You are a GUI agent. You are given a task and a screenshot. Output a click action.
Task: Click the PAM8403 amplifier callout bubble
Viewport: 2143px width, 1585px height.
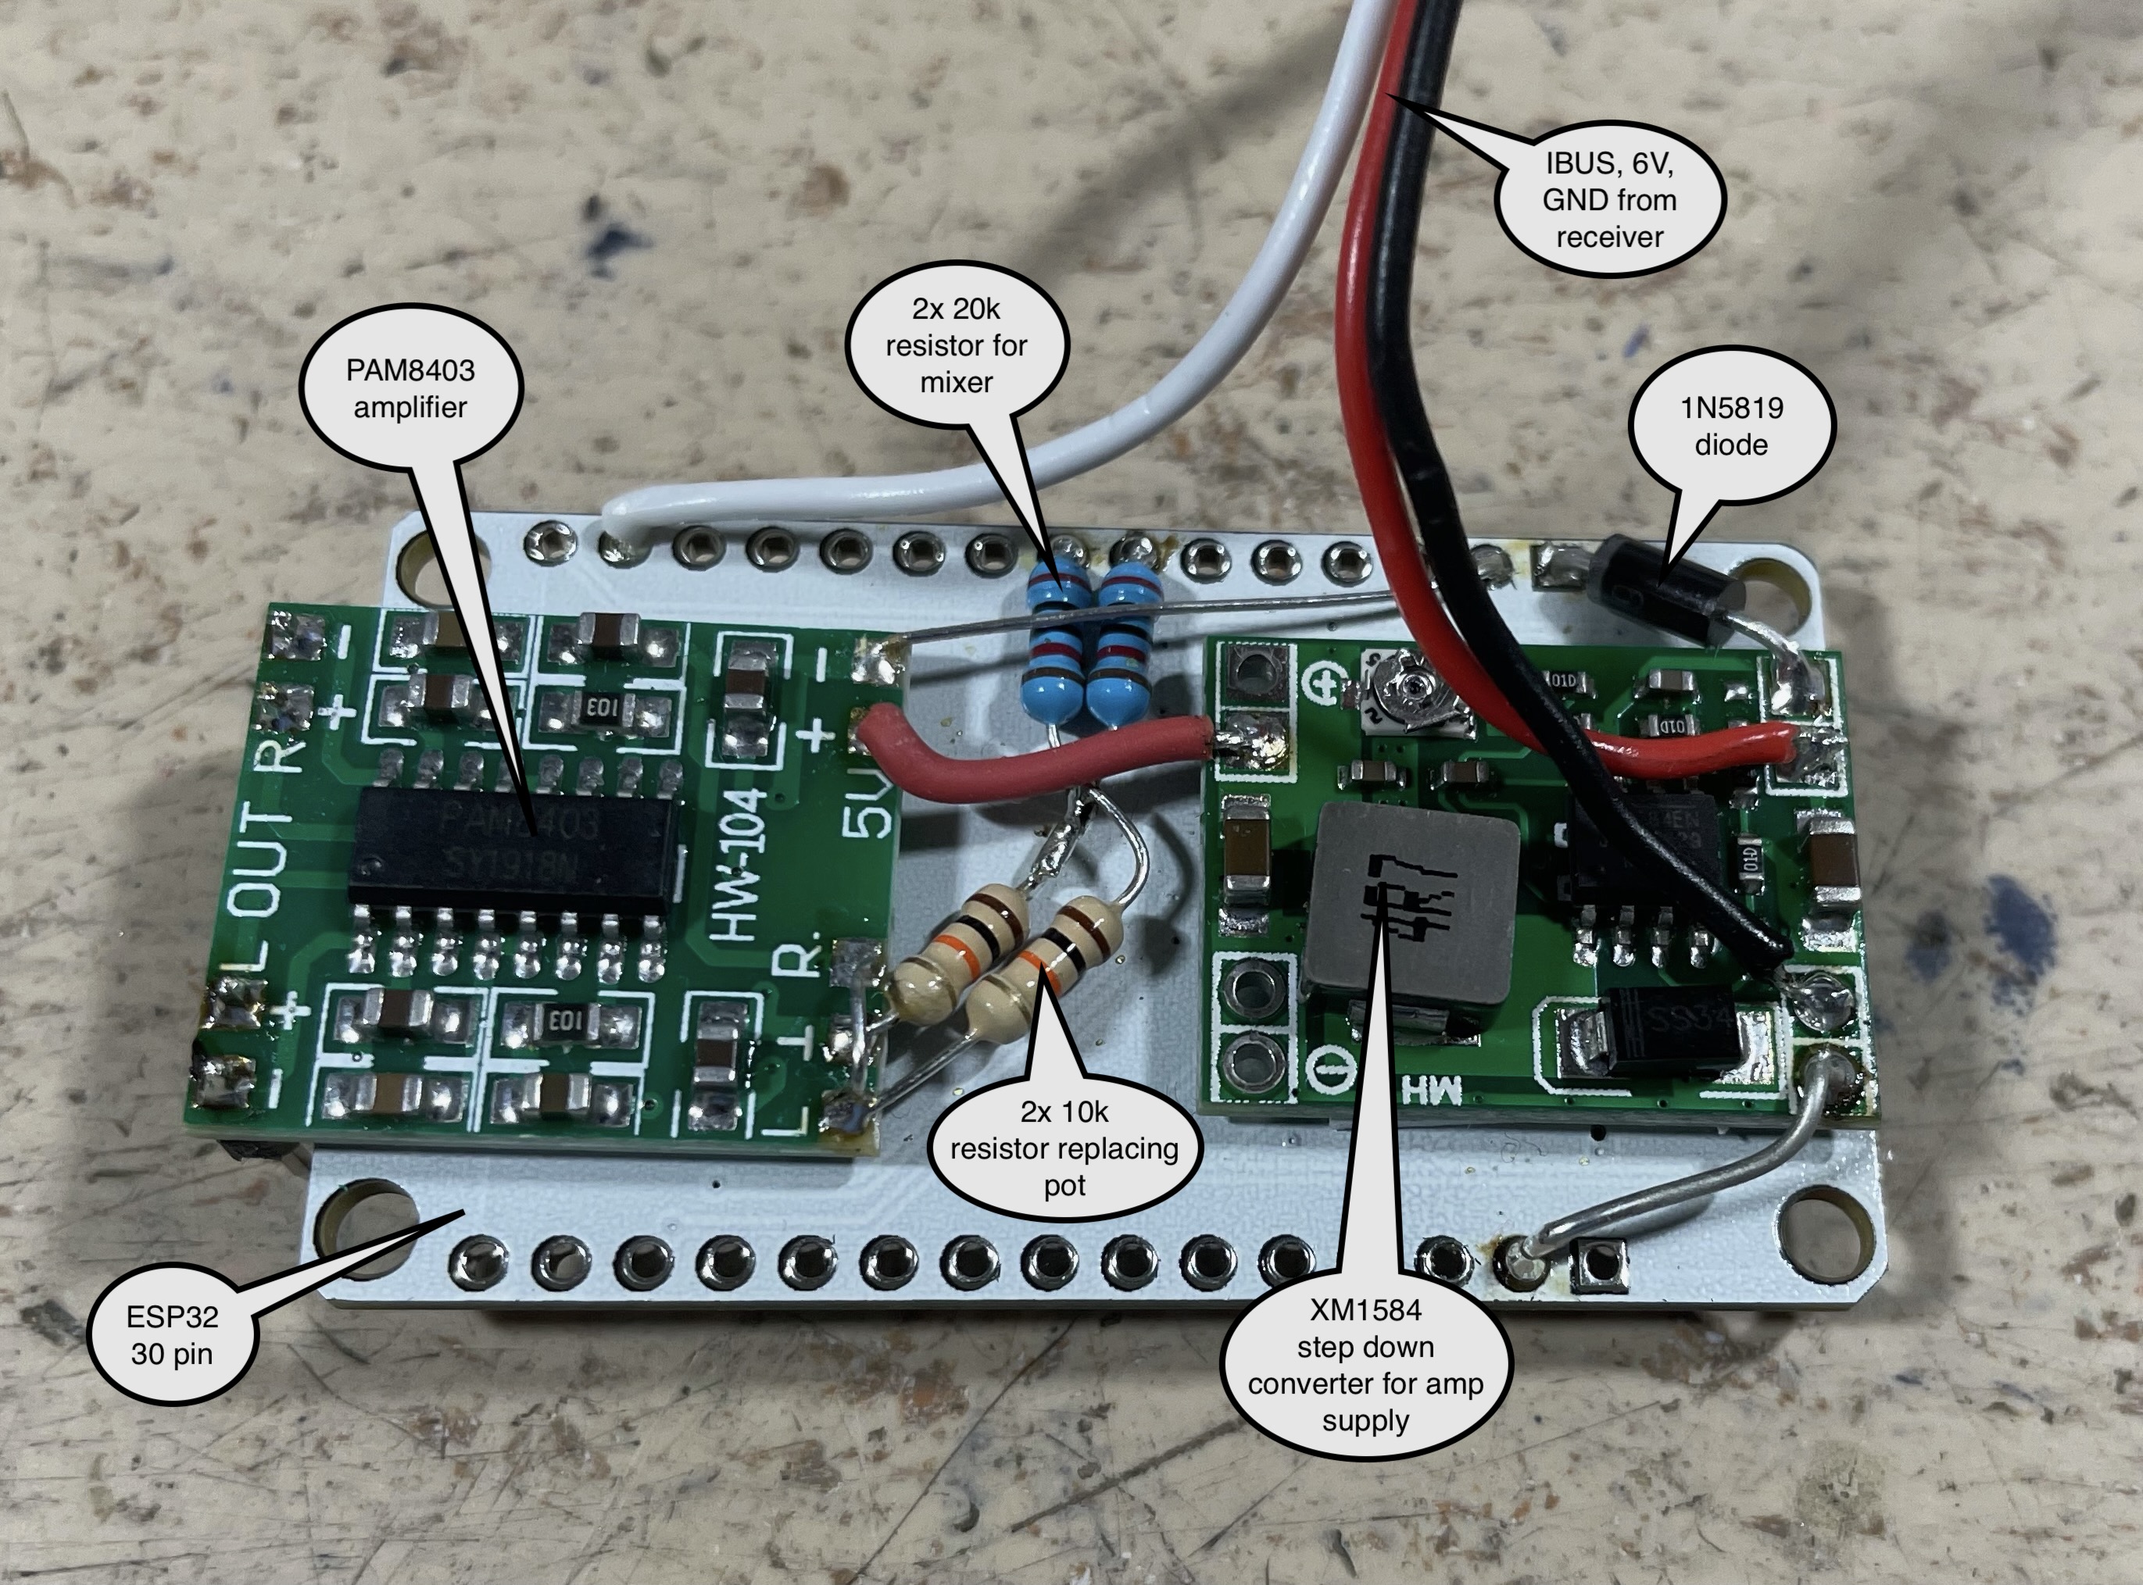(411, 388)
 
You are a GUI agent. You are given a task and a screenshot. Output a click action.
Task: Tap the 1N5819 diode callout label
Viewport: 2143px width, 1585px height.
(1730, 426)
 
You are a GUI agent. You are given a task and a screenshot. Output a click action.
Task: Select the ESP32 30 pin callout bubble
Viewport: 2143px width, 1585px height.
(173, 1334)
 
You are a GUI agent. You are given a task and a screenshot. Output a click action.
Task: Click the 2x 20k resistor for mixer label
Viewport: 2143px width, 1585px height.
(956, 345)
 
